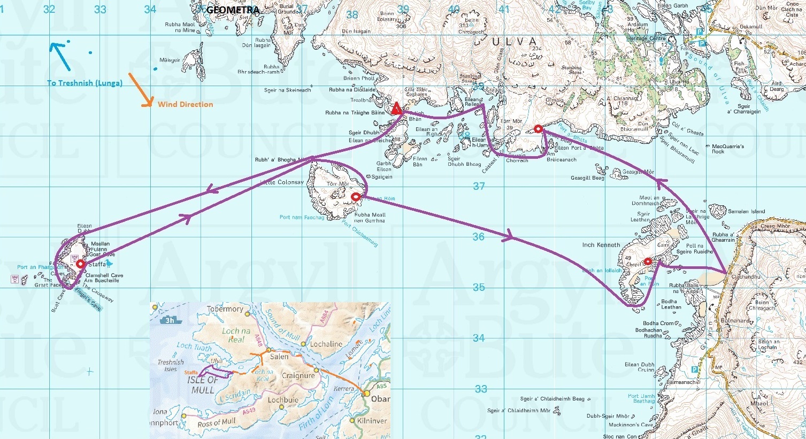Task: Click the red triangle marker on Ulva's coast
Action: click(396, 109)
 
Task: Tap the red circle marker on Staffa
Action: click(80, 264)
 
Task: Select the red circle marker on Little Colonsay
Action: click(355, 197)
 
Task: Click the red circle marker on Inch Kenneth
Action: click(648, 261)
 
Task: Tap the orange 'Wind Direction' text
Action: click(185, 104)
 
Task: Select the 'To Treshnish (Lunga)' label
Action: click(85, 83)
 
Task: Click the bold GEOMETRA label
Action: click(233, 10)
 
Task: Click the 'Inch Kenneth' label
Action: click(601, 245)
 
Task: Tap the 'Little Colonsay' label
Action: click(282, 182)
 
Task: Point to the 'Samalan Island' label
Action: click(746, 212)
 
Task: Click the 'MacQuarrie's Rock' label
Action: click(728, 149)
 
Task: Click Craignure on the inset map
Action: click(298, 376)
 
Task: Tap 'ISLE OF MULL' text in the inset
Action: click(203, 384)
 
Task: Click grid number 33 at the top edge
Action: click(100, 9)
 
